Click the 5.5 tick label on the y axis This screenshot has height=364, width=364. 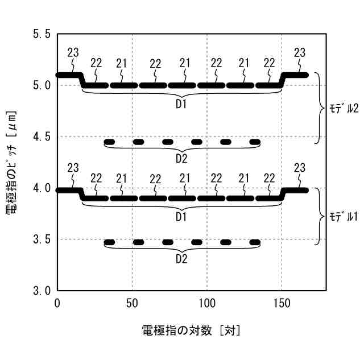[42, 34]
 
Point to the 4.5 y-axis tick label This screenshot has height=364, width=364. [42, 136]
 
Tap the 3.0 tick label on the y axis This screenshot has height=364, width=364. [42, 291]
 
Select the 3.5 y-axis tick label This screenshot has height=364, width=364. [42, 239]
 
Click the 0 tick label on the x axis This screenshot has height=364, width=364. [57, 303]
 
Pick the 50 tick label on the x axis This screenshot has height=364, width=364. [132, 303]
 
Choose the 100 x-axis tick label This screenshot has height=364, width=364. [206, 303]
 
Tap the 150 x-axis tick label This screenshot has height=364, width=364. [282, 303]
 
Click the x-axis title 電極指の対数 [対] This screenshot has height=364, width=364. [191, 330]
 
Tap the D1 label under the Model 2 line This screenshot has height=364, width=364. [181, 104]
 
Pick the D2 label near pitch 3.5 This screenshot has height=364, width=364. [181, 259]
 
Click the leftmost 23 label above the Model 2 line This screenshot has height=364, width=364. [73, 53]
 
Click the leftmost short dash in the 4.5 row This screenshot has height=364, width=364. [109, 142]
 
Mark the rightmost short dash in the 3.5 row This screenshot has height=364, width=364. [255, 242]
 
